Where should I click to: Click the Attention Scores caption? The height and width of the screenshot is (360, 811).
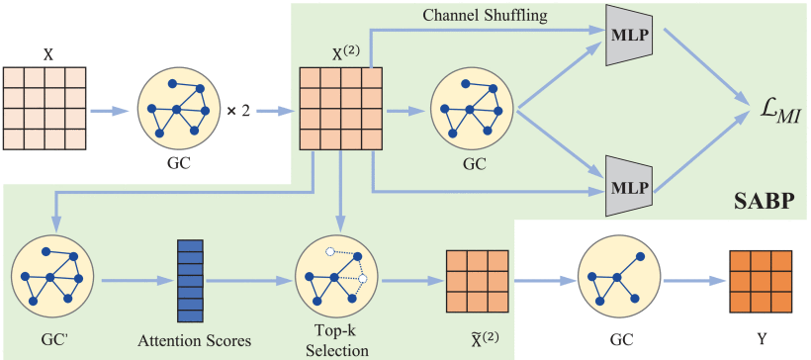point(195,340)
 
